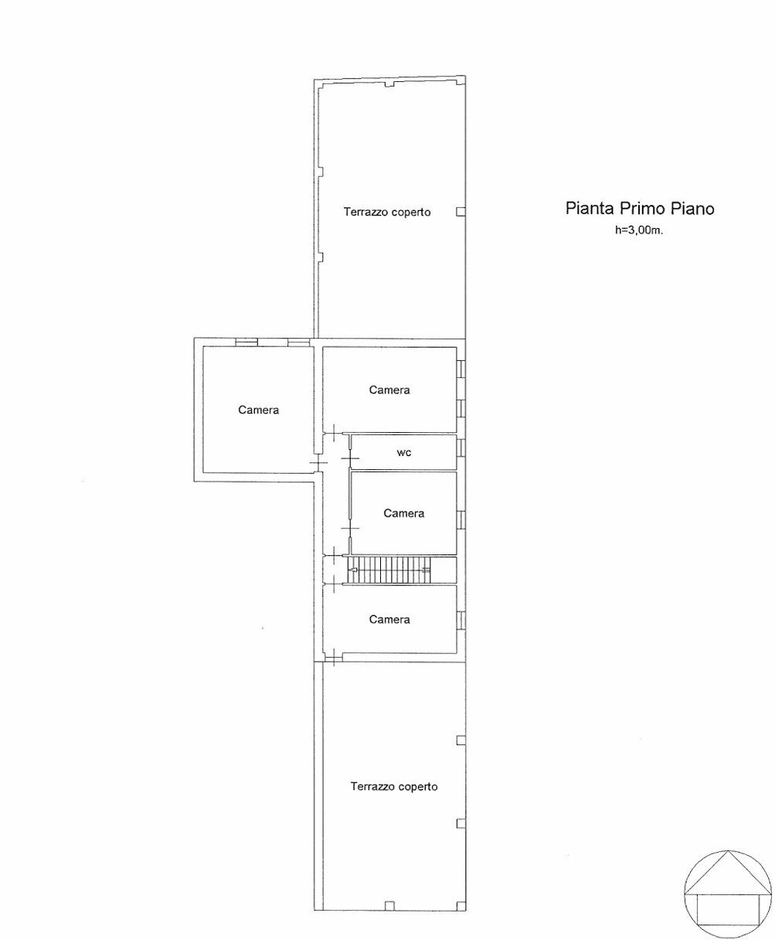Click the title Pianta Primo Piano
[x=640, y=208]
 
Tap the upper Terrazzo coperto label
[x=387, y=212]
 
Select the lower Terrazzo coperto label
[x=394, y=786]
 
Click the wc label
[x=404, y=452]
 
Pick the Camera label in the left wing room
[x=258, y=410]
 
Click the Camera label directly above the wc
[x=389, y=390]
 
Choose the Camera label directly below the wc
[x=404, y=513]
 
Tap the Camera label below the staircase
[x=389, y=619]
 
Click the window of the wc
[x=461, y=448]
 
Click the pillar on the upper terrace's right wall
[x=461, y=212]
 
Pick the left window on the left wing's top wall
[x=246, y=341]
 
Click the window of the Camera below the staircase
[x=461, y=620]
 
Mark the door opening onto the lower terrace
[x=332, y=660]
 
